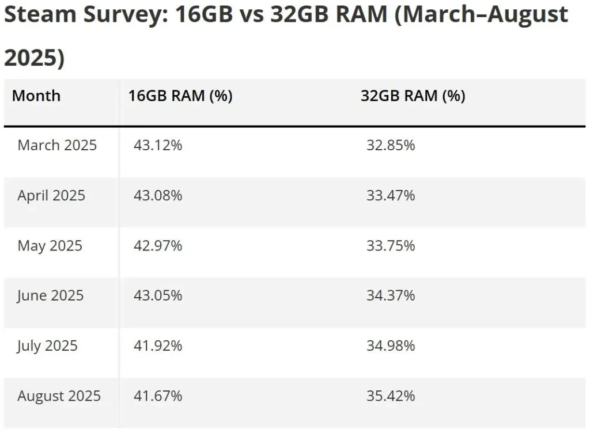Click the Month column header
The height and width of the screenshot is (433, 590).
coord(36,96)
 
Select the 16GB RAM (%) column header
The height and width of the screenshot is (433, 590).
coord(180,96)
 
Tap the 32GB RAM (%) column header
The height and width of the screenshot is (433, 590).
coord(413,96)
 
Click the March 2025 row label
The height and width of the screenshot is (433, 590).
coord(57,145)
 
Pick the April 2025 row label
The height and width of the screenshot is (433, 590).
coord(51,196)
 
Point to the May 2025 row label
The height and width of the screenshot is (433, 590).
coord(50,246)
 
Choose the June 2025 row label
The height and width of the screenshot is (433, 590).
coord(50,296)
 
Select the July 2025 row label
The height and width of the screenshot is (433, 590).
coord(47,346)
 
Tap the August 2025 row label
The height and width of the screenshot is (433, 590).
coord(59,396)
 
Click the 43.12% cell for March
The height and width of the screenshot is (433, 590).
coord(158,145)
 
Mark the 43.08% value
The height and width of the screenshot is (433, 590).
coord(158,196)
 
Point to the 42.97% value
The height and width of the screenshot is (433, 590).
coord(158,246)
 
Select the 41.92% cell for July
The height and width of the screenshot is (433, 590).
coord(158,346)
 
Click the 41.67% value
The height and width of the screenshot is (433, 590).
coord(158,396)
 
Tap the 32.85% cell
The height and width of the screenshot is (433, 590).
coord(391,145)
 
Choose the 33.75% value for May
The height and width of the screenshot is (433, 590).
coord(391,246)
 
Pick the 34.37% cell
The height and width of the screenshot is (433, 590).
coord(391,296)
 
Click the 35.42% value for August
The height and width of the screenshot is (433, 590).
coord(391,396)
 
